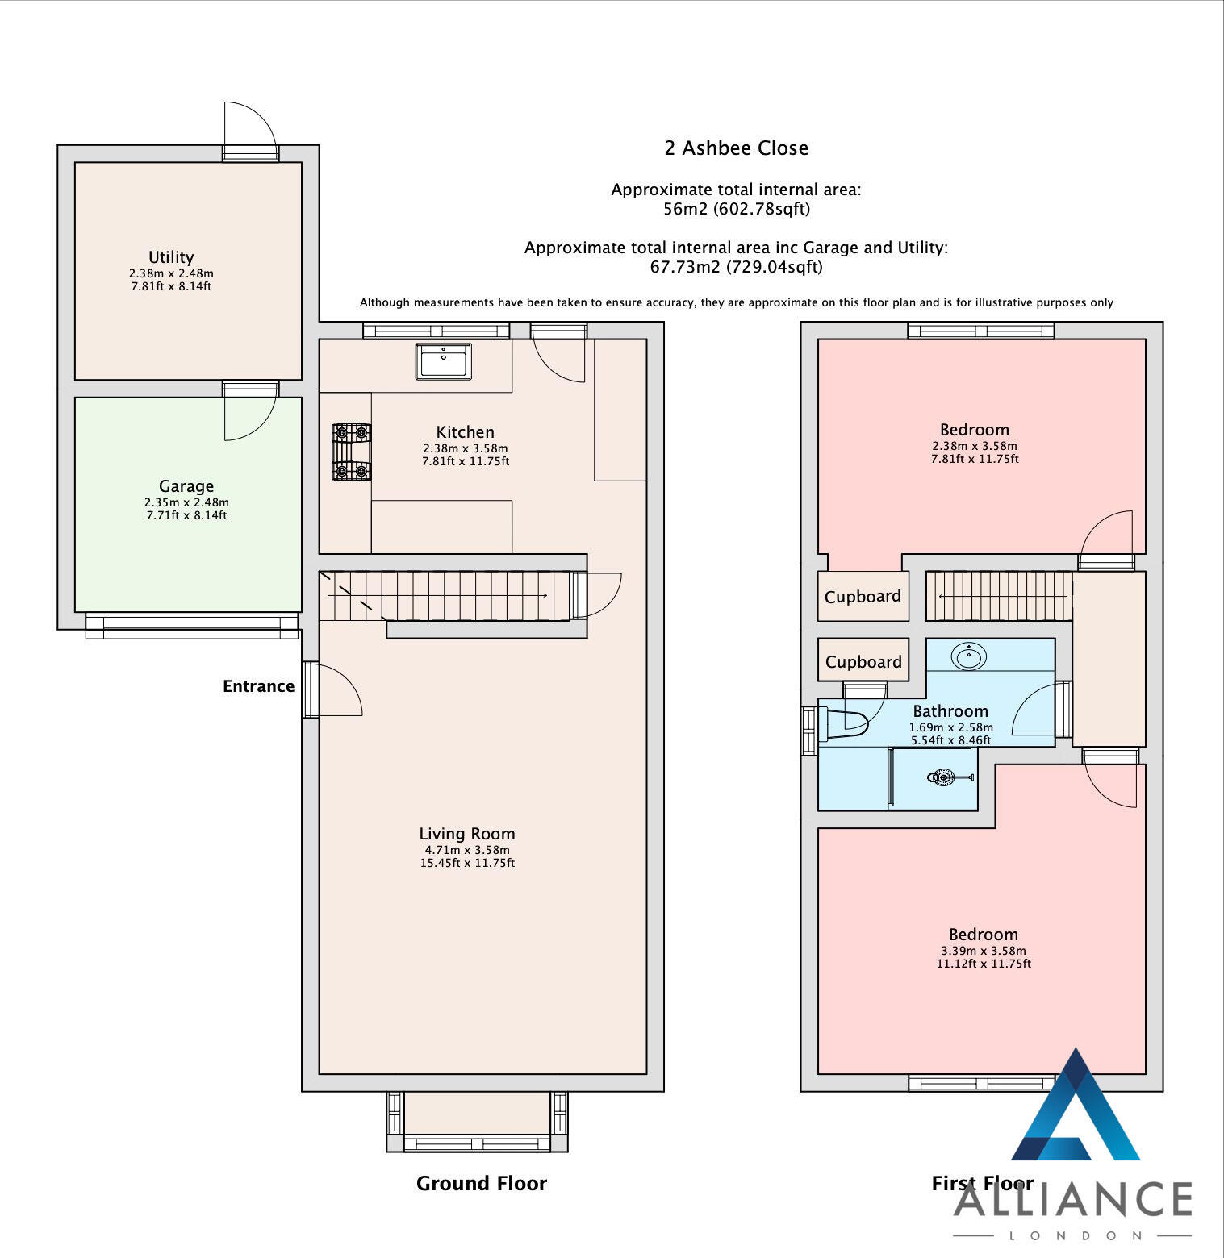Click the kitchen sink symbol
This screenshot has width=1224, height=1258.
[x=443, y=360]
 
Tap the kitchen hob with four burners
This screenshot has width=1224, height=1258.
[x=351, y=452]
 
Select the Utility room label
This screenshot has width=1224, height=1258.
[x=171, y=257]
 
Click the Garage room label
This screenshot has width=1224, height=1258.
[x=186, y=486]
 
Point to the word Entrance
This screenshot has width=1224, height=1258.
[x=258, y=686]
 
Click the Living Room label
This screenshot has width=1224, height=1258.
[x=466, y=834]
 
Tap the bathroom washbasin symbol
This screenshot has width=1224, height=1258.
[x=968, y=656]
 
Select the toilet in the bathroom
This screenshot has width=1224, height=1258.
[x=844, y=723]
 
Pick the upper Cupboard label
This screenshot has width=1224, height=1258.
[x=863, y=597]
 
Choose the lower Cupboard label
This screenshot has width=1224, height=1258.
[x=863, y=662]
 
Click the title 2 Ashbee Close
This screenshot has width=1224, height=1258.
[x=736, y=148]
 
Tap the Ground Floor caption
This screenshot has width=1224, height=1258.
[x=481, y=1183]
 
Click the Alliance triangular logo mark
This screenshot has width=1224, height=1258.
[x=1075, y=1109]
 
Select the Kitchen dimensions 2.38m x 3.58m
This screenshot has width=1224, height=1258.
[x=466, y=448]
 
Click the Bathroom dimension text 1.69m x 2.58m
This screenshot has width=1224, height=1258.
[x=950, y=727]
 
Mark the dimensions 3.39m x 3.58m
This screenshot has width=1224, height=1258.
[x=983, y=951]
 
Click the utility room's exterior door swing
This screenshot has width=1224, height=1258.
[x=251, y=125]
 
